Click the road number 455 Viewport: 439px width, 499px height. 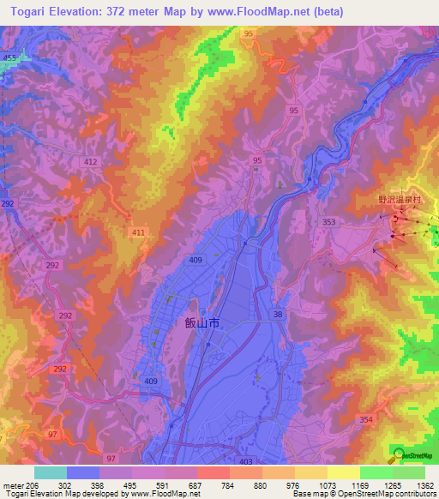coord(9,57)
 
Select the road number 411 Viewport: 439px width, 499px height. coord(138,232)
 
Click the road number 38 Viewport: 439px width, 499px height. coord(277,315)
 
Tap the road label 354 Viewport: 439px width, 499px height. coord(367,418)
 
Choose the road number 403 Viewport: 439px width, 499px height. coord(246,462)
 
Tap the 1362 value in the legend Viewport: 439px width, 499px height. coord(424,485)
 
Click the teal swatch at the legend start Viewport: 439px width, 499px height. coord(51,472)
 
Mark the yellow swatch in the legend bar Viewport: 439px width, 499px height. coord(344,472)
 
